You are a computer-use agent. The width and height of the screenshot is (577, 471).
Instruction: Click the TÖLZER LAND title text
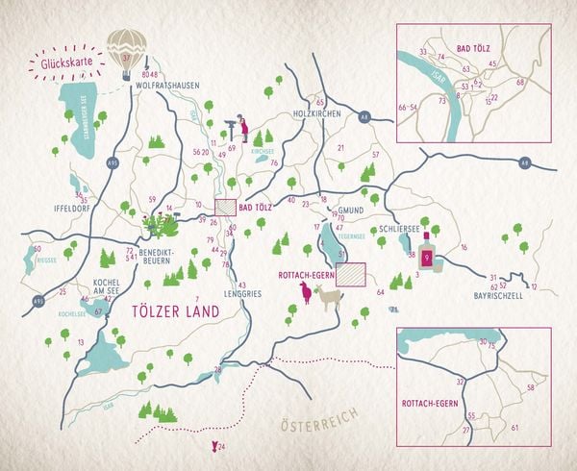pyautogui.click(x=175, y=310)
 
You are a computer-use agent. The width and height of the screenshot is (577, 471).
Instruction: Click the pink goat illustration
pyautogui.click(x=306, y=292)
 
